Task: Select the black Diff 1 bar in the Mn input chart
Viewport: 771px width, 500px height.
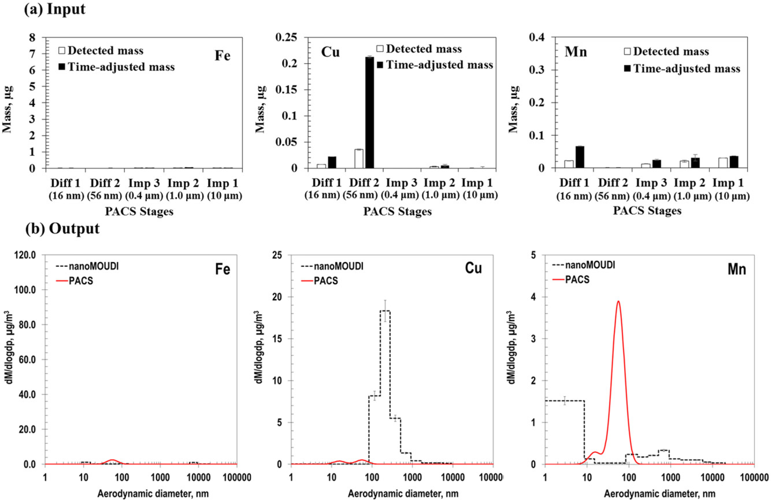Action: click(580, 157)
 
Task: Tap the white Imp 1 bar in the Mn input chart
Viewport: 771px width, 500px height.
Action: click(723, 163)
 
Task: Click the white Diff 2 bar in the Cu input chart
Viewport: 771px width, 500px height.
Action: click(359, 158)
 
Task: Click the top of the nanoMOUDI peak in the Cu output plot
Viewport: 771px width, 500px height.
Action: click(385, 311)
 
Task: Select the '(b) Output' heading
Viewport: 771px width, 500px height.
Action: click(62, 228)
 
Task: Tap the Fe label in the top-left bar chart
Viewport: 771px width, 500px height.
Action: click(222, 56)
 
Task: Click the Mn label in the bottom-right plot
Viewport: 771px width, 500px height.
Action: click(736, 269)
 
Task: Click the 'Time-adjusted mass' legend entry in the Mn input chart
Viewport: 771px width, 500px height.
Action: click(682, 69)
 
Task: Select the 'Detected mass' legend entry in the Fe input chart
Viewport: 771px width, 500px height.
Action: click(101, 51)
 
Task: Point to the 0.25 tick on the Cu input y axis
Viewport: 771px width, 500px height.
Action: click(286, 37)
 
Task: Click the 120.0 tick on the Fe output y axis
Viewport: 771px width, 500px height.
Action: click(25, 255)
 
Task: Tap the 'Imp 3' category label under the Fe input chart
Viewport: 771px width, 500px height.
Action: click(144, 183)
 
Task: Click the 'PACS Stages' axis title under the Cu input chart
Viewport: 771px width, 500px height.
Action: click(397, 211)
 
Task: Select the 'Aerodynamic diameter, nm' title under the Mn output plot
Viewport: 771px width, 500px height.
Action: click(659, 493)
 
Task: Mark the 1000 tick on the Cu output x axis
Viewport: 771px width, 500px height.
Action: click(412, 478)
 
